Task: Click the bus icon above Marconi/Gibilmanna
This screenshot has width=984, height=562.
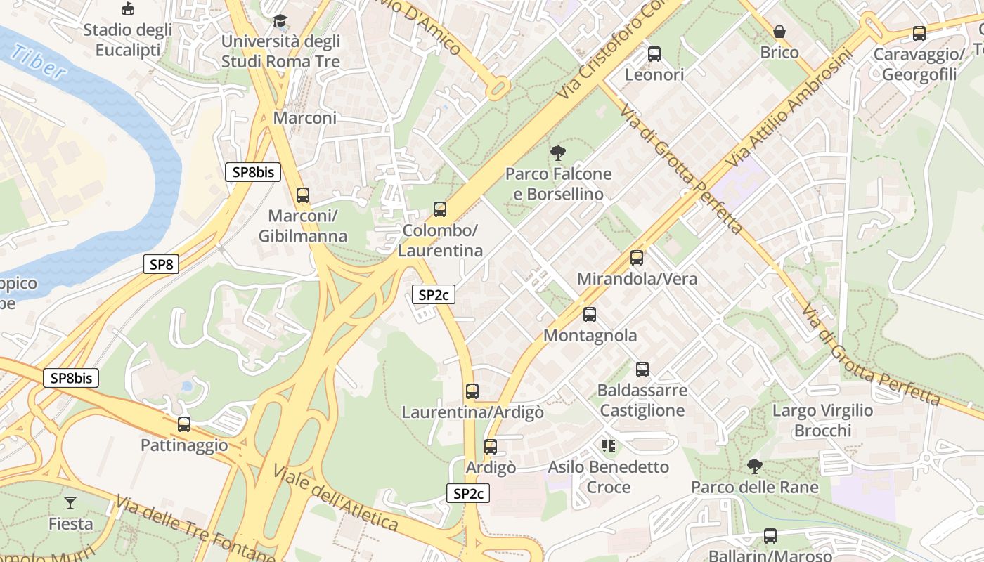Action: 303,195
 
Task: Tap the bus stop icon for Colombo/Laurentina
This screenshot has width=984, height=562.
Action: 440,209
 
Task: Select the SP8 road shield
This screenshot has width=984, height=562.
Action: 161,264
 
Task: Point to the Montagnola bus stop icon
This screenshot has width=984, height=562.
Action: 590,315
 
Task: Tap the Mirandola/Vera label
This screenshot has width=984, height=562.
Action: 637,279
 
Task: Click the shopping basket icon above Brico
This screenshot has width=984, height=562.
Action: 779,32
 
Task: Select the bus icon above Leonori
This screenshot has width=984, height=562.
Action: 654,53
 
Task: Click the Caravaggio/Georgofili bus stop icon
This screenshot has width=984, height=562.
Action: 919,33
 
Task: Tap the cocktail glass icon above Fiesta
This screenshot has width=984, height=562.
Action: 70,502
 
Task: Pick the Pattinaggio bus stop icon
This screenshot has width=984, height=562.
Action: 184,424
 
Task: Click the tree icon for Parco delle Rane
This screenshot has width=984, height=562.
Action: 755,466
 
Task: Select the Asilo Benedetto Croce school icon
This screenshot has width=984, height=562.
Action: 609,445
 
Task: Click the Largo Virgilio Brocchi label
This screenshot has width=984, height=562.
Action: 822,420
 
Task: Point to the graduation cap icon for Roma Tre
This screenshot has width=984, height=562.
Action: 280,20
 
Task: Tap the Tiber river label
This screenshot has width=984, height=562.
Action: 39,63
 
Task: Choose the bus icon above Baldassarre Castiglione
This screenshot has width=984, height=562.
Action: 642,370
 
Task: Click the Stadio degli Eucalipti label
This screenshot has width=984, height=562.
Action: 127,40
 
